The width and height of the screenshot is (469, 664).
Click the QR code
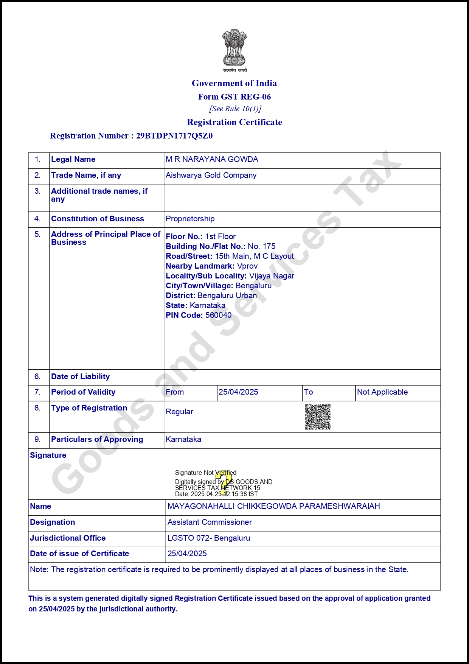[x=318, y=417]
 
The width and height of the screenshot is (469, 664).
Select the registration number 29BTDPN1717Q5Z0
[x=174, y=136]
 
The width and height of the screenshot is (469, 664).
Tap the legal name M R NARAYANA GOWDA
[x=212, y=159]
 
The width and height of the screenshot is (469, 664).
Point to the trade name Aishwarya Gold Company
[x=211, y=175]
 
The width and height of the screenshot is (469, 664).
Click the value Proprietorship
[x=190, y=219]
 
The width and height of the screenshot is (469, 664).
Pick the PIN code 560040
[x=218, y=315]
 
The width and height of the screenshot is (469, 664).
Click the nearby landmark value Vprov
[x=247, y=266]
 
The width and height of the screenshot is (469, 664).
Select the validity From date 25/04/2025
[x=238, y=392]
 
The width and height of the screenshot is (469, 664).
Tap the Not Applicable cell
[x=382, y=392]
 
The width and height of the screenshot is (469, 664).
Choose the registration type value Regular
[x=179, y=412]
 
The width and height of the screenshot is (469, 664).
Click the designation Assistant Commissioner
[x=210, y=522]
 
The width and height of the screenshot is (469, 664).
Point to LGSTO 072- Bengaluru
[x=209, y=538]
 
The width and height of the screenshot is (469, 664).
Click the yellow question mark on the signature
[x=225, y=482]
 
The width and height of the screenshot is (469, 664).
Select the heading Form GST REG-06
[x=234, y=97]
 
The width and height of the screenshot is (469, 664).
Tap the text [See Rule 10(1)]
[x=235, y=109]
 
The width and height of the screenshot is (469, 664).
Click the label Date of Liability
[x=80, y=376]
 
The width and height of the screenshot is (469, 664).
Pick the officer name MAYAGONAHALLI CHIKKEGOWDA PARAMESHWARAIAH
[x=273, y=506]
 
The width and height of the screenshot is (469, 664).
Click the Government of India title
[x=234, y=83]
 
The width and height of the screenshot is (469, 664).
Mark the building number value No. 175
[x=262, y=246]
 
